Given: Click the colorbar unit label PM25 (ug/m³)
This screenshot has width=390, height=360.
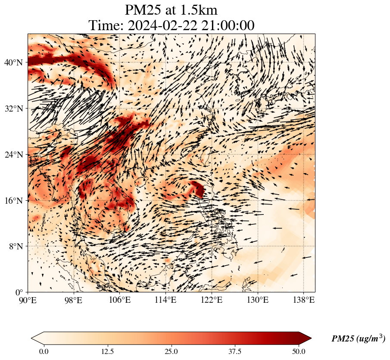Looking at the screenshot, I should click(x=358, y=339).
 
